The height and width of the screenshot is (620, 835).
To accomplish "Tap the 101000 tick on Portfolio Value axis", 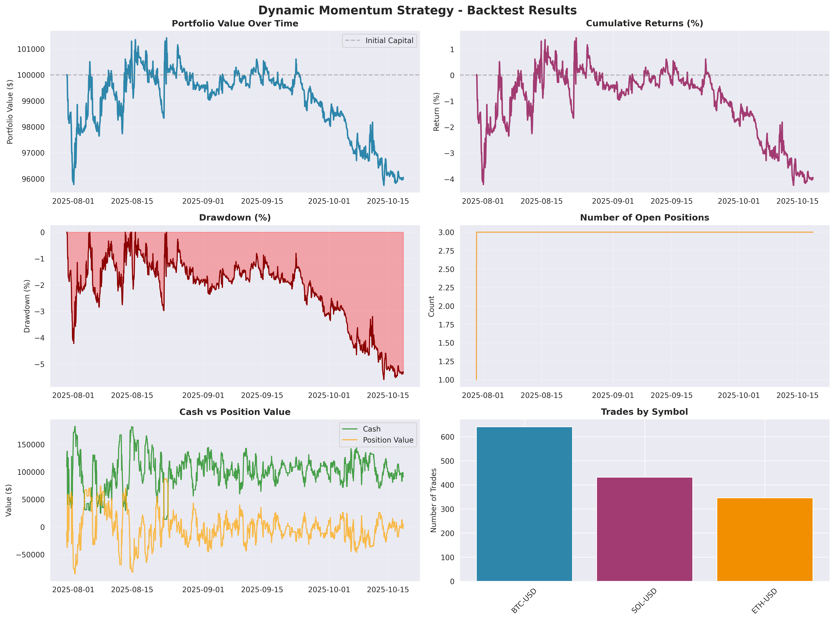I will [31, 49].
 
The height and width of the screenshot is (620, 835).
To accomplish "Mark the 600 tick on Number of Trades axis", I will [447, 437].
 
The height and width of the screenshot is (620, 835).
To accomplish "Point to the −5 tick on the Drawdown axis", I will [40, 364].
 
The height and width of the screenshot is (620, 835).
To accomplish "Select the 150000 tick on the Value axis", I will [31, 445].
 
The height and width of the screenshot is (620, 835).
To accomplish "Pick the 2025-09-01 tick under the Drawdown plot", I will [203, 395].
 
